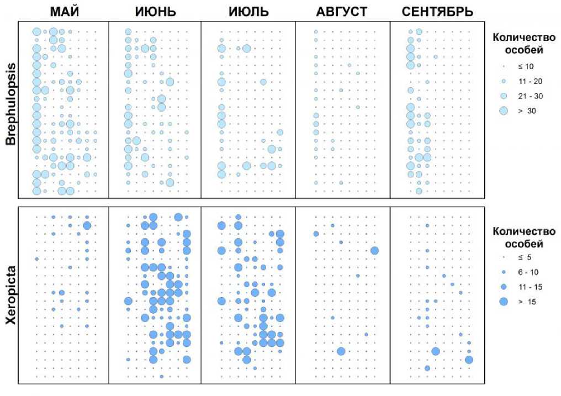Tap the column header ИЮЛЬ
tap(248, 12)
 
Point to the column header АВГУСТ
tap(342, 12)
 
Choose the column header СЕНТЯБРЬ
tap(437, 12)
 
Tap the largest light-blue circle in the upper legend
tap(503, 110)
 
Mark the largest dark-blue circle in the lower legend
tap(503, 302)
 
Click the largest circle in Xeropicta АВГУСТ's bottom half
tap(341, 351)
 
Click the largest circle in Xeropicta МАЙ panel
tap(87, 225)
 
